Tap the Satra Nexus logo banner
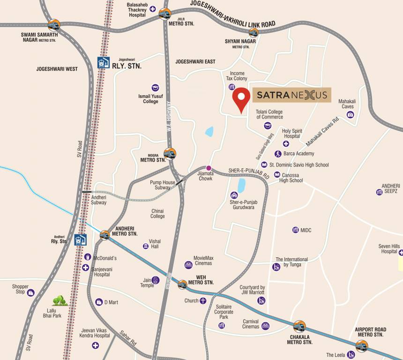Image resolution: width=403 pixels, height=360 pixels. [x=292, y=95]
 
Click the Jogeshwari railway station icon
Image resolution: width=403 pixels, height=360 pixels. [x=101, y=62]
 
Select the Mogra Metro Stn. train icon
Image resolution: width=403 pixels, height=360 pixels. [x=169, y=153]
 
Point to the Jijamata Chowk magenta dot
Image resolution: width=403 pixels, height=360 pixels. [x=209, y=168]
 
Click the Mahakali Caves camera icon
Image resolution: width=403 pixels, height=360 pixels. [x=350, y=114]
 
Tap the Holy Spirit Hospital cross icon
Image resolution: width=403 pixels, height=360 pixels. [x=285, y=144]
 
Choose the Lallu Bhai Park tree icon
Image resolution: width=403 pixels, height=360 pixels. [x=60, y=300]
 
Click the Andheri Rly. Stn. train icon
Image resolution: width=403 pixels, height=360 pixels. [x=81, y=240]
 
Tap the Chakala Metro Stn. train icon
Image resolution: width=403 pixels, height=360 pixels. [x=299, y=326]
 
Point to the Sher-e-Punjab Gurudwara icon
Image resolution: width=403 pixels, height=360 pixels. [x=234, y=195]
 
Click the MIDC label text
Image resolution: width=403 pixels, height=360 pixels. [x=306, y=230]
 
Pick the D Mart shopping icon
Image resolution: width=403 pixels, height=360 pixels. [x=98, y=302]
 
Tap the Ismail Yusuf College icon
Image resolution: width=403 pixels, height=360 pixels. [x=155, y=87]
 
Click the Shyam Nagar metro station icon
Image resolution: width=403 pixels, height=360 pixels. [x=254, y=32]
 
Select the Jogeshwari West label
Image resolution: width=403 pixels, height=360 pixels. [x=57, y=69]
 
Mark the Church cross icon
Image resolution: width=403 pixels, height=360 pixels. [x=203, y=300]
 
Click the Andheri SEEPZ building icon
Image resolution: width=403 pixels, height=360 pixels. [x=379, y=192]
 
